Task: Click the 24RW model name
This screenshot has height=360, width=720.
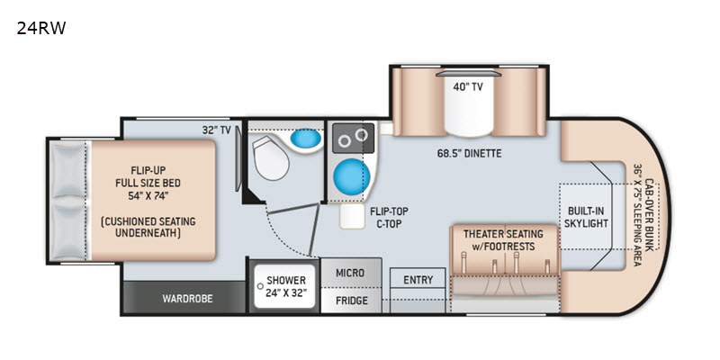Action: coord(41,29)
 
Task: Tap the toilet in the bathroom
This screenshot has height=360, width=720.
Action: coord(271,158)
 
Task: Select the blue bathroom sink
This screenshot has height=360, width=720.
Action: coord(306,139)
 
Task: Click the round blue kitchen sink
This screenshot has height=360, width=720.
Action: coord(352,176)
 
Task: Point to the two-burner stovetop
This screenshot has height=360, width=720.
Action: coord(353,138)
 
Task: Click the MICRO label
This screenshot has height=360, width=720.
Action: coord(350,273)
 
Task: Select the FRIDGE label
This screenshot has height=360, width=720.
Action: coord(352,301)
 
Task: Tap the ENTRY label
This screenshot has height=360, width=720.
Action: coord(418,280)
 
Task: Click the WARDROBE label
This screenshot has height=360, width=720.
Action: coord(187,299)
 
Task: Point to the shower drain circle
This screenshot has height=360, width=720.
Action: coord(260,286)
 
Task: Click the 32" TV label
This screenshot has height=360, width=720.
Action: coord(216,130)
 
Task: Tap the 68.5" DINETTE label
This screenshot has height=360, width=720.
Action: coord(469,153)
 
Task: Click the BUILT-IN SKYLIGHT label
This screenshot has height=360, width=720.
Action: coord(586,217)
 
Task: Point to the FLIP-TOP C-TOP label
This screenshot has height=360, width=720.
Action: coord(389,217)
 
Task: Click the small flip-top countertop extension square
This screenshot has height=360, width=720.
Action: coord(352,216)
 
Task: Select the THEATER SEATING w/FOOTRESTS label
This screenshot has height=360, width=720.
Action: coord(503,240)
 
